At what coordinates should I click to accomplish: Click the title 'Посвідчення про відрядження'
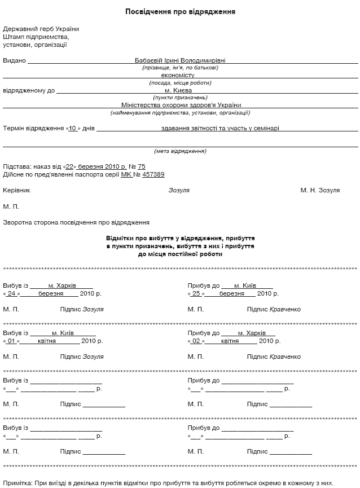point(180,11)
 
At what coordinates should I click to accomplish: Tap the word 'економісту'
point(177,75)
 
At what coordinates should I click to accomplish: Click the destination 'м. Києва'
point(178,90)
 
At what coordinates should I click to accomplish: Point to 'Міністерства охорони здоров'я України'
point(181,105)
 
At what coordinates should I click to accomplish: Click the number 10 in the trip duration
point(72,129)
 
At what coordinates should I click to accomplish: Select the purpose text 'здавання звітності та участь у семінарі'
point(220,129)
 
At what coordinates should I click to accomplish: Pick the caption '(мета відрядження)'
point(180,151)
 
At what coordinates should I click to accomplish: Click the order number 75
point(141,167)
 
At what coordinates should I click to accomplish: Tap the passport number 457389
point(153,175)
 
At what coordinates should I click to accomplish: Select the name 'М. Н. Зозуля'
point(320,191)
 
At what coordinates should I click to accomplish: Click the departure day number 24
point(11,294)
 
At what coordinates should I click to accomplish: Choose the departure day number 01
point(11,341)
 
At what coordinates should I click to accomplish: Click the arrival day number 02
point(196,341)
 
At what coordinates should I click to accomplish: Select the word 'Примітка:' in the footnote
point(17,483)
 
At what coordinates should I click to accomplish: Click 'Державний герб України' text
point(41,29)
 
